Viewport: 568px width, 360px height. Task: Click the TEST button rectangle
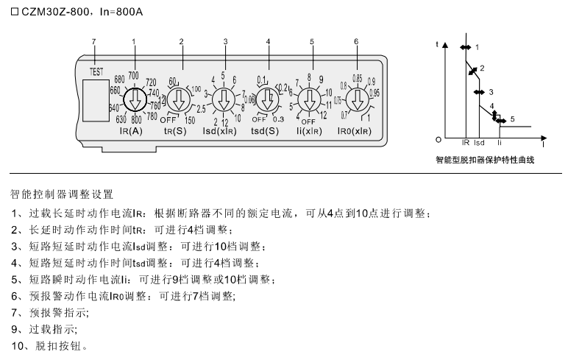click(94, 99)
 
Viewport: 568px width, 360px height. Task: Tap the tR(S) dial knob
click(180, 99)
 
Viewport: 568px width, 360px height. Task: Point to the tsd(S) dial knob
click(268, 99)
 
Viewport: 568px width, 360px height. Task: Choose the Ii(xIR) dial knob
click(312, 99)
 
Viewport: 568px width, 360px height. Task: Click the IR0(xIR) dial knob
click(357, 99)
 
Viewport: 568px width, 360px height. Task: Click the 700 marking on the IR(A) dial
click(133, 75)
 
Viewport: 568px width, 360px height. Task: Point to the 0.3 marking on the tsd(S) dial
click(278, 119)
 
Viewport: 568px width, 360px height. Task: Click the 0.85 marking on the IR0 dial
click(357, 77)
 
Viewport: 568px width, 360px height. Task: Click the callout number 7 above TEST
click(93, 40)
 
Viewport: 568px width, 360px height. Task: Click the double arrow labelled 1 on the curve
click(465, 47)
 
